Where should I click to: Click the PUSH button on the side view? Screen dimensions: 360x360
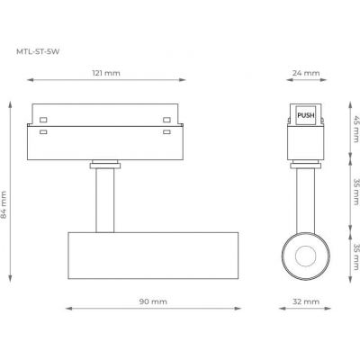tap(307, 113)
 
